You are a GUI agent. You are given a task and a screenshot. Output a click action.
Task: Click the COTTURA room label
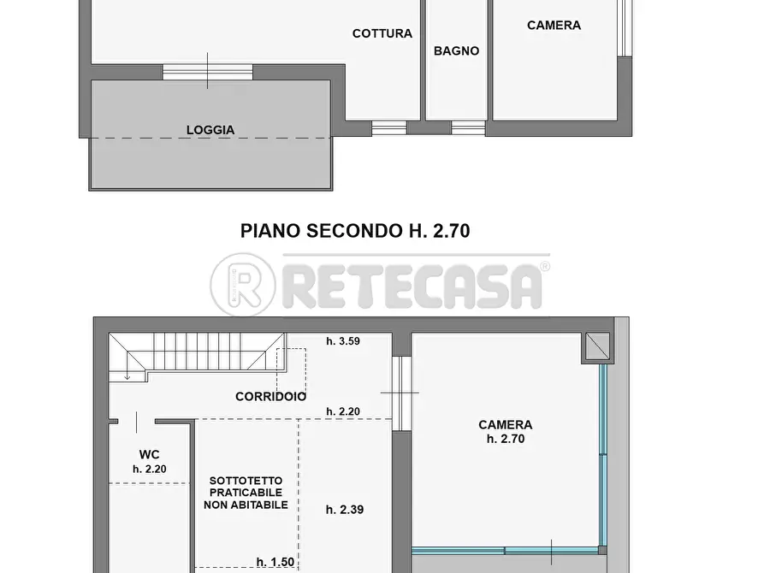point(382,34)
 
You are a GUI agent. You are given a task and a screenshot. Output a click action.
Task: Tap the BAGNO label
point(456,51)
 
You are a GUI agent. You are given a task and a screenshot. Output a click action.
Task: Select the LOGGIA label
point(210,131)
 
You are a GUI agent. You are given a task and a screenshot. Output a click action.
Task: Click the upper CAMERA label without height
point(554,26)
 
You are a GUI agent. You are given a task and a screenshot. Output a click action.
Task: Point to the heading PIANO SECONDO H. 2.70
point(355,231)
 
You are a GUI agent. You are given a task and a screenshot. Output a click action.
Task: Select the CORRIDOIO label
point(271,397)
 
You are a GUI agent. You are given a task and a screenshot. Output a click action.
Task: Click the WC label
point(150,454)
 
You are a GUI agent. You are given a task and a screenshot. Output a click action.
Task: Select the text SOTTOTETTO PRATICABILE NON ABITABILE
point(246,493)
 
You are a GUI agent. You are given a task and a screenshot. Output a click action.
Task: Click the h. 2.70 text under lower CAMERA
point(505,439)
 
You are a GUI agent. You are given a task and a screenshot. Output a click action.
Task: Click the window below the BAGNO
point(468,128)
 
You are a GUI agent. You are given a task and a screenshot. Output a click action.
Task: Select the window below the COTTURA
point(388,128)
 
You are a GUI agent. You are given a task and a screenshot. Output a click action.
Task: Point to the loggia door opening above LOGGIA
point(207,73)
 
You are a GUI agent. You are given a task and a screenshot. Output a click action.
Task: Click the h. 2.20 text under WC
point(150,469)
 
